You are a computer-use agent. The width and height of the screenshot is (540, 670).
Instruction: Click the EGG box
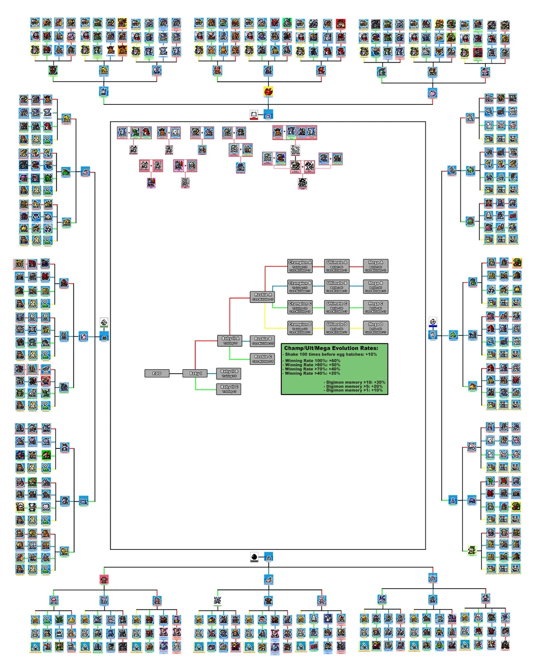[x=157, y=374]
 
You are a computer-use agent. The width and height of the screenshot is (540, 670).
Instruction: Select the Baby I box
[x=195, y=374]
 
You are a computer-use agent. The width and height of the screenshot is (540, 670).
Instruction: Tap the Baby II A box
[x=230, y=341]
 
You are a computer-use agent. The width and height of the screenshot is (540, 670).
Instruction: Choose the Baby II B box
[x=230, y=374]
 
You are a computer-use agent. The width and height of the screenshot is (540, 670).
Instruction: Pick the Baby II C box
[x=230, y=389]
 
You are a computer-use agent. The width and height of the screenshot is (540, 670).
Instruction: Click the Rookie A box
[x=263, y=297]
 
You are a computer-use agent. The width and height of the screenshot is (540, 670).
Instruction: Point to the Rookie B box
[x=263, y=341]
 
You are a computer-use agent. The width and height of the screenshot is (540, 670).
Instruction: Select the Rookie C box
[x=263, y=359]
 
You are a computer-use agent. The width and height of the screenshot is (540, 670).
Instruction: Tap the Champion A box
[x=300, y=266]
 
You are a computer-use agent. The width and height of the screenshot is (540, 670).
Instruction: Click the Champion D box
[x=300, y=328]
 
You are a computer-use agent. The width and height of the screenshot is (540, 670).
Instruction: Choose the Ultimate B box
[x=337, y=286]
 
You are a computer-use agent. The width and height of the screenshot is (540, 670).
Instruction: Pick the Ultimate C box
[x=337, y=307]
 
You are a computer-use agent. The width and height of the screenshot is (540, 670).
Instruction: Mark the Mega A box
[x=376, y=266]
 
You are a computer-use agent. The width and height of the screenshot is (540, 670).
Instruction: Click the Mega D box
[x=376, y=328]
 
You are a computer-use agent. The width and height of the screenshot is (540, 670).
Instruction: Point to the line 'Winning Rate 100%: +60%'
[x=311, y=361]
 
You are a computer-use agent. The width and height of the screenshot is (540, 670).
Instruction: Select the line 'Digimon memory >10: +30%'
[x=354, y=382]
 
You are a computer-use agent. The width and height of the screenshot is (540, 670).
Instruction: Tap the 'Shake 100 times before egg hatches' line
[x=331, y=354]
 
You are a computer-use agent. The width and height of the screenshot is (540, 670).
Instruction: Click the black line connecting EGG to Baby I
[x=176, y=374]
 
